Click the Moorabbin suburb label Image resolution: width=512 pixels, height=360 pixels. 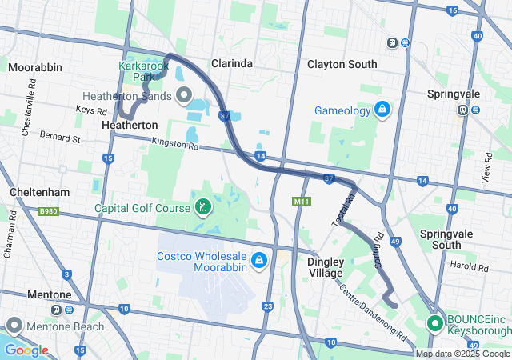[35, 67]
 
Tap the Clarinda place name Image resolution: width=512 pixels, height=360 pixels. [232, 63]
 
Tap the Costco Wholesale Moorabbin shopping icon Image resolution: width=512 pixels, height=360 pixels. [259, 260]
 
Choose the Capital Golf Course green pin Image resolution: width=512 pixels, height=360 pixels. [203, 208]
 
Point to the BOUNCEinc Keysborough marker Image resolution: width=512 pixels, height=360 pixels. [435, 324]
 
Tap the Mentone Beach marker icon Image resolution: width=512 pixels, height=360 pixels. [14, 326]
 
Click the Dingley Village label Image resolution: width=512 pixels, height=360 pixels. [326, 267]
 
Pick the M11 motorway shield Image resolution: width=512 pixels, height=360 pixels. [301, 201]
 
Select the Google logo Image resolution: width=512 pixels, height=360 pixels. [26, 350]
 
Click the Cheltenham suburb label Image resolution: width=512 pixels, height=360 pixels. [39, 193]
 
